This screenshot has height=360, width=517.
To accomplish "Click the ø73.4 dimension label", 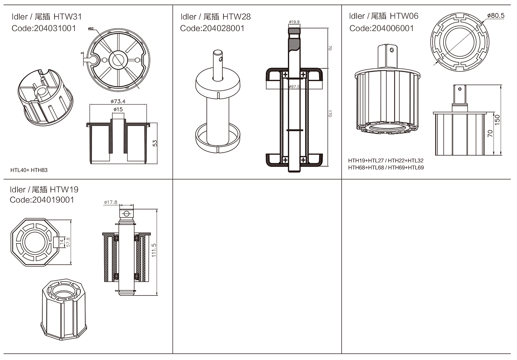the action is (x=118, y=101).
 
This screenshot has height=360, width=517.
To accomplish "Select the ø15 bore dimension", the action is (x=118, y=109).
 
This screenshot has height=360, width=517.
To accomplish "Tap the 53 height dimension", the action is (x=155, y=143).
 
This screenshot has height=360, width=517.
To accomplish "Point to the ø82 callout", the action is (x=91, y=29).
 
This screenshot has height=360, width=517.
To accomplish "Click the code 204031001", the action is (x=55, y=28).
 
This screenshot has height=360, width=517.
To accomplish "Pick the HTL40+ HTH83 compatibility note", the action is (x=29, y=170).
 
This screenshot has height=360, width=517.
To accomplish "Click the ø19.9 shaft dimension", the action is (x=294, y=22).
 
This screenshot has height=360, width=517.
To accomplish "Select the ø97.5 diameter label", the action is (x=294, y=87).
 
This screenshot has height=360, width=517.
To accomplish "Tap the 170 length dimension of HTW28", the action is (x=330, y=113).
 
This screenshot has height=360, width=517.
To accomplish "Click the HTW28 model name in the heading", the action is (x=236, y=17).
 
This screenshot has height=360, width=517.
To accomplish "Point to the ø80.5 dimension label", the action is (x=496, y=16).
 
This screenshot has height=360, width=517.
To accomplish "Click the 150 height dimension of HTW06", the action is (x=497, y=120).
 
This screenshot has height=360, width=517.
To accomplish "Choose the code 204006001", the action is (x=393, y=28).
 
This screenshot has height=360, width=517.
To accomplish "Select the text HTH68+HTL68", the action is (x=366, y=168).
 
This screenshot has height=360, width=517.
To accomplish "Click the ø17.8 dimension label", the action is (x=111, y=202).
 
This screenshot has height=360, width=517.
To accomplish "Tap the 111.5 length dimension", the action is (x=154, y=250).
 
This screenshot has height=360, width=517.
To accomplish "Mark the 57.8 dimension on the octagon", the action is (x=68, y=242).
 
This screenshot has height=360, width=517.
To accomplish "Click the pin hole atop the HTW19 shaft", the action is (x=126, y=213).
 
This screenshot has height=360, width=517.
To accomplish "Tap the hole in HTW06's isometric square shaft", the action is (x=392, y=50).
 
